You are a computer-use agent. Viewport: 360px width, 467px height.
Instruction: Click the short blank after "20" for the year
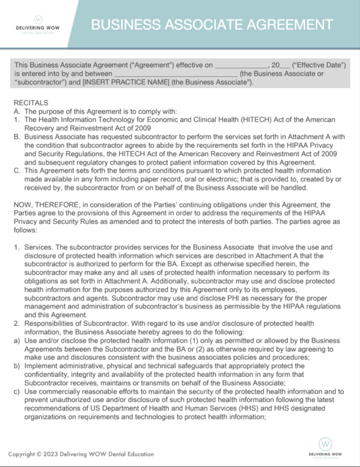pyautogui.click(x=285, y=66)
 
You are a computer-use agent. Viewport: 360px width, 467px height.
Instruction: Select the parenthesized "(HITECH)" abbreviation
pyautogui.click(x=249, y=120)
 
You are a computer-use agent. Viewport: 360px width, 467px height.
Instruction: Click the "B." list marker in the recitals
pyautogui.click(x=17, y=137)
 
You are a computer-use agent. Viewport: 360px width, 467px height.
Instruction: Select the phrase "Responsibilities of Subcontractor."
pyautogui.click(x=74, y=324)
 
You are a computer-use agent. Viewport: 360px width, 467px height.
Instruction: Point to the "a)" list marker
pyautogui.click(x=16, y=340)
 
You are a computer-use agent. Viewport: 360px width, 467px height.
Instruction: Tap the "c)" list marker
pyautogui.click(x=16, y=391)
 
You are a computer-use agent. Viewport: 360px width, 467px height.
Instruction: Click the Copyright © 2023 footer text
pyautogui.click(x=81, y=454)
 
